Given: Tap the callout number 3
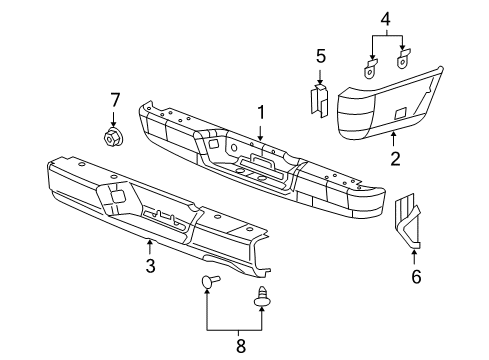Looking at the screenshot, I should (x=150, y=265).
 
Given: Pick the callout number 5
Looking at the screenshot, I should (x=320, y=57).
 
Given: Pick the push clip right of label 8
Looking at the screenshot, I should (x=264, y=296).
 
